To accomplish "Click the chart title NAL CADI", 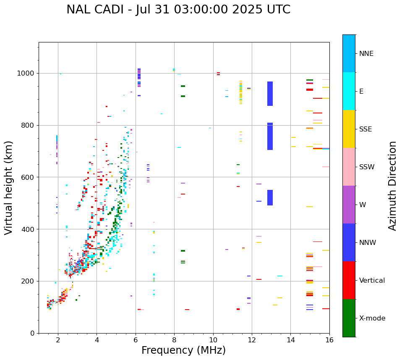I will point(178,10).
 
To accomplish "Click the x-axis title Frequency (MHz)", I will point(183,350).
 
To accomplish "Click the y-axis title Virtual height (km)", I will point(9,188).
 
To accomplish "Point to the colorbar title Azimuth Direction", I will point(392,186).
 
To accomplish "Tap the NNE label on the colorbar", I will point(366,54).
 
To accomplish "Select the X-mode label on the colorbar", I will point(372,318).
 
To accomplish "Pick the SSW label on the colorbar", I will point(367,167).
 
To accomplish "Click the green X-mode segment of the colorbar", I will point(349,318).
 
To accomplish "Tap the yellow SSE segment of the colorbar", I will point(349,129).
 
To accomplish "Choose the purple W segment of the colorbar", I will point(349,205).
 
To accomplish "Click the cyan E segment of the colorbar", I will point(349,91).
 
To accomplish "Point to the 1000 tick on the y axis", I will point(28,74).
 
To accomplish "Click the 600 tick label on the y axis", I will point(29,177).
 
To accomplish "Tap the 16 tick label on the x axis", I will point(329,340).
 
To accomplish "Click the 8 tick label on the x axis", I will point(174,340).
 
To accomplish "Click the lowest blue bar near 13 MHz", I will point(270,197).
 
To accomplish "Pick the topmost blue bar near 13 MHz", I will point(270,94).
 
